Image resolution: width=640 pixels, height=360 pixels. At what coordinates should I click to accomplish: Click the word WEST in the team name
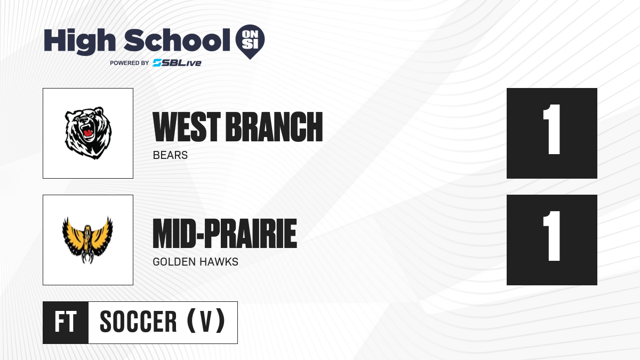[x=187, y=127]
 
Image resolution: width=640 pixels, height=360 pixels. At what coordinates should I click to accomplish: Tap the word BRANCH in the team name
[x=274, y=127]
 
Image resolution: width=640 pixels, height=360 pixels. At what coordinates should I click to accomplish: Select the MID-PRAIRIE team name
[x=225, y=234]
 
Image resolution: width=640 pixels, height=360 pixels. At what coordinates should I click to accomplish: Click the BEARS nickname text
[x=170, y=155]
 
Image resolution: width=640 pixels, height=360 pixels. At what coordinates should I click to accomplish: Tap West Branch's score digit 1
[x=552, y=130]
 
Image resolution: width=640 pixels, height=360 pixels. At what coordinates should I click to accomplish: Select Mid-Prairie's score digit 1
[x=552, y=236]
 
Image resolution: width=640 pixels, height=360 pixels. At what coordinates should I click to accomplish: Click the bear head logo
[x=88, y=133]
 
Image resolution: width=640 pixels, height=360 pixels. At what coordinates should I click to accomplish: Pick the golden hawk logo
[x=87, y=240]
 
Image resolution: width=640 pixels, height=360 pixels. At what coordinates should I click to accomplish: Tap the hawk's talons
[x=87, y=257]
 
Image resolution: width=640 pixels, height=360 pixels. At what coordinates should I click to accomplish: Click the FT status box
[x=66, y=323]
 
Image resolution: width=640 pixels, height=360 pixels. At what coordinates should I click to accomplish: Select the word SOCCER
[x=138, y=322]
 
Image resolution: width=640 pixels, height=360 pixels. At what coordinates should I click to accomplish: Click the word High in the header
[x=80, y=42]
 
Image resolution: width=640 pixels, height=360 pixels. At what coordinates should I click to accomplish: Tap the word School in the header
[x=177, y=41]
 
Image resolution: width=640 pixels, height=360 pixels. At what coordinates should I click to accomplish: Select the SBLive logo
[x=177, y=63]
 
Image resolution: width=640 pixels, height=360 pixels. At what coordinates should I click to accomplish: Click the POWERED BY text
[x=130, y=63]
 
